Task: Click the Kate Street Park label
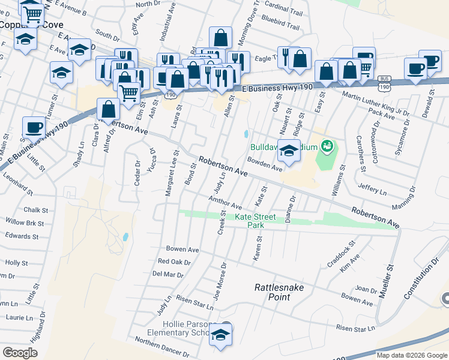(255, 221)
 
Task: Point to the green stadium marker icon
(327, 145)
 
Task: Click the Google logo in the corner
(20, 352)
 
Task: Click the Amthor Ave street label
(225, 202)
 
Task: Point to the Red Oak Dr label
(174, 262)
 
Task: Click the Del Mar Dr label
(167, 274)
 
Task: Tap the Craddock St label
(342, 253)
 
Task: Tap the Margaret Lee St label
(172, 173)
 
